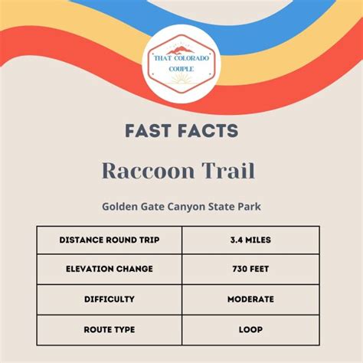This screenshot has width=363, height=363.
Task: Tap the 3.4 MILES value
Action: [250, 240]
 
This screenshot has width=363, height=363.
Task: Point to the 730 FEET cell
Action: [250, 269]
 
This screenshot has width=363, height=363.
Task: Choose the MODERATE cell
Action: [250, 299]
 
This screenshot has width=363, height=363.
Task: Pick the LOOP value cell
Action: [250, 329]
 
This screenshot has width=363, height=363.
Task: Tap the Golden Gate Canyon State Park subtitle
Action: [181, 205]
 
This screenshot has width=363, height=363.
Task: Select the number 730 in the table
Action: [241, 269]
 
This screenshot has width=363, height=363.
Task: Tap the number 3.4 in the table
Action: [234, 240]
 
